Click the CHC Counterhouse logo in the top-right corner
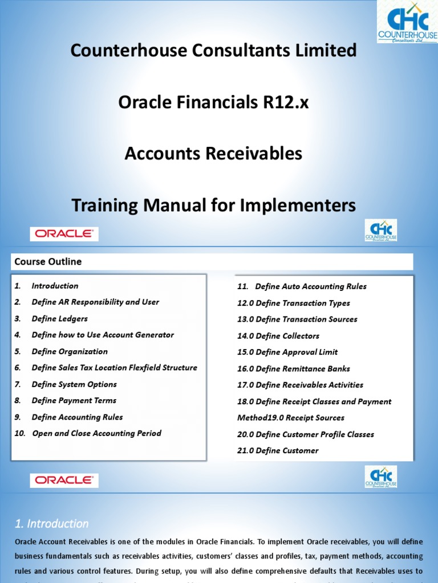pyautogui.click(x=407, y=22)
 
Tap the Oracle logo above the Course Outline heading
pyautogui.click(x=64, y=234)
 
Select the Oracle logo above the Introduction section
pyautogui.click(x=64, y=481)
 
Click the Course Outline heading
pyautogui.click(x=48, y=262)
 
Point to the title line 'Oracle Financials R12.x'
pyautogui.click(x=213, y=102)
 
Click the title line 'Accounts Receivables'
pyautogui.click(x=213, y=153)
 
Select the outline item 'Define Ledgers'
pyautogui.click(x=60, y=319)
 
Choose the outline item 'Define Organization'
pyautogui.click(x=70, y=351)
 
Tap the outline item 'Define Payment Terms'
pyautogui.click(x=74, y=401)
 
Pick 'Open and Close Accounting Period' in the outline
pyautogui.click(x=96, y=433)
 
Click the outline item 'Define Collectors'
pyautogui.click(x=278, y=336)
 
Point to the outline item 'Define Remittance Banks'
pyautogui.click(x=294, y=369)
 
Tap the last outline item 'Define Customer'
pyautogui.click(x=278, y=451)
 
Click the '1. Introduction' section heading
pyautogui.click(x=51, y=523)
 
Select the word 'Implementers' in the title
pyautogui.click(x=299, y=204)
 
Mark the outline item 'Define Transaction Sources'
pyautogui.click(x=297, y=319)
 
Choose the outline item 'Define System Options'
pyautogui.click(x=74, y=384)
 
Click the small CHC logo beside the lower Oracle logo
pyautogui.click(x=381, y=477)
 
